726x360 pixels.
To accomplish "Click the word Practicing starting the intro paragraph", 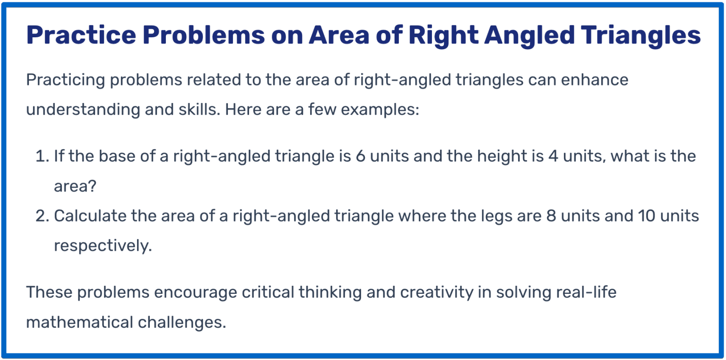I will (x=65, y=80).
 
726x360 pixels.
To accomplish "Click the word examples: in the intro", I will (x=380, y=110).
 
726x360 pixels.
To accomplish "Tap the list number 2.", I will (x=41, y=216).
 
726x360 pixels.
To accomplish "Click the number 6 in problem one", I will (x=361, y=156).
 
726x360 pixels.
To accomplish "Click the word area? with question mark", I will (x=75, y=186).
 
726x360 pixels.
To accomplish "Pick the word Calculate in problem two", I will (x=91, y=216).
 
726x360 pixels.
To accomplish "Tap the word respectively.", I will (x=103, y=246).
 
